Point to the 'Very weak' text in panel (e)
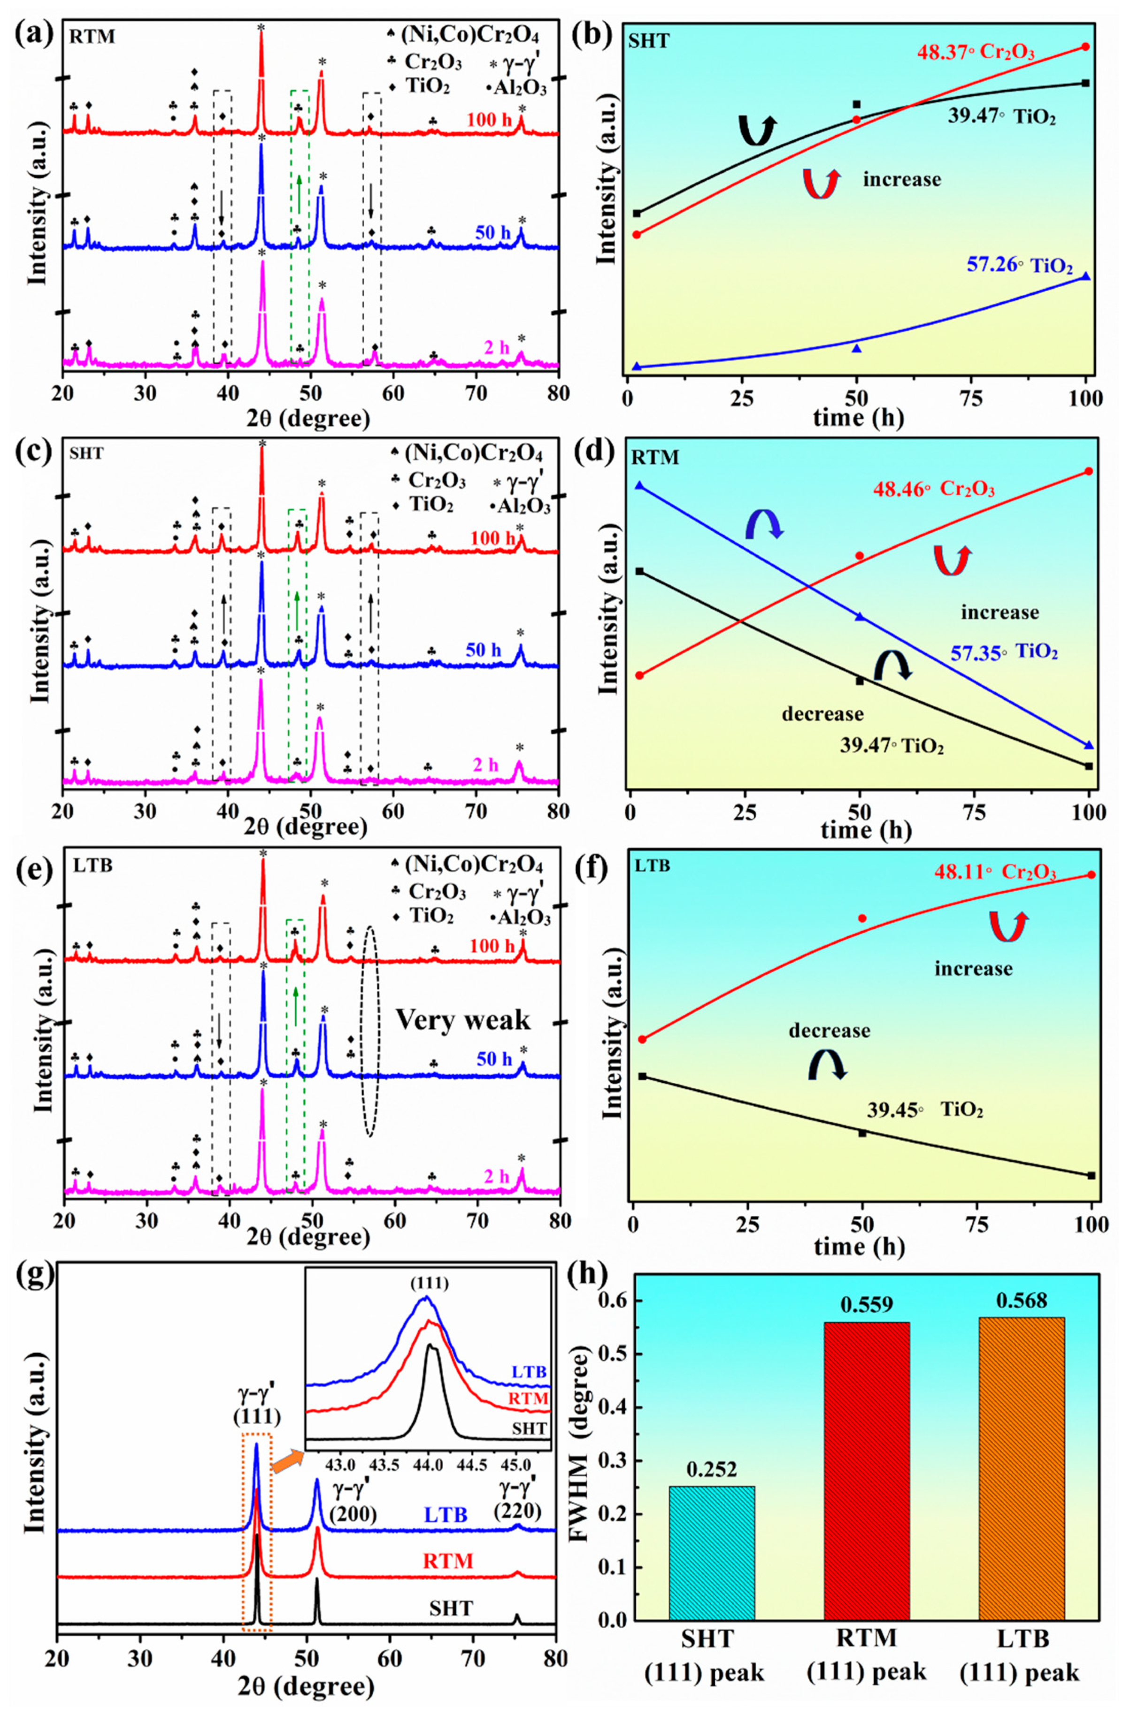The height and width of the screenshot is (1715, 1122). coord(462,1019)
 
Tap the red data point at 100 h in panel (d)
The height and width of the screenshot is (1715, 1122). coord(1088,471)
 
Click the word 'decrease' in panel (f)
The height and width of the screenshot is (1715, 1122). coord(829,1030)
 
